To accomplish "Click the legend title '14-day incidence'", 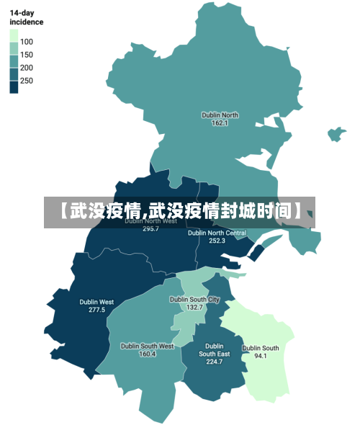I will (26, 17).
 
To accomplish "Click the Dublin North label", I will (220, 115).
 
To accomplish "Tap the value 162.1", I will (220, 123).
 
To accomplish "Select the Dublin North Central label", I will (217, 233).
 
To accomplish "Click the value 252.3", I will (217, 241).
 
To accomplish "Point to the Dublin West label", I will (96, 302).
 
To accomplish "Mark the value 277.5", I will (96, 310).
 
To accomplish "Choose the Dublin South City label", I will (194, 299).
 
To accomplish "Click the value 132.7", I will (194, 307).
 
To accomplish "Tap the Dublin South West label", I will (147, 346).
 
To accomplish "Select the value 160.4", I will (147, 354).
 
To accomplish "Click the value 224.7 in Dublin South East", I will (215, 362).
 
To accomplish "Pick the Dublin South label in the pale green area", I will (261, 348).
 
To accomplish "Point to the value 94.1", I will (261, 356).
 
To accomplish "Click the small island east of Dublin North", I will (337, 134).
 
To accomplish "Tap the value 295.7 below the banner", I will (150, 229).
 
